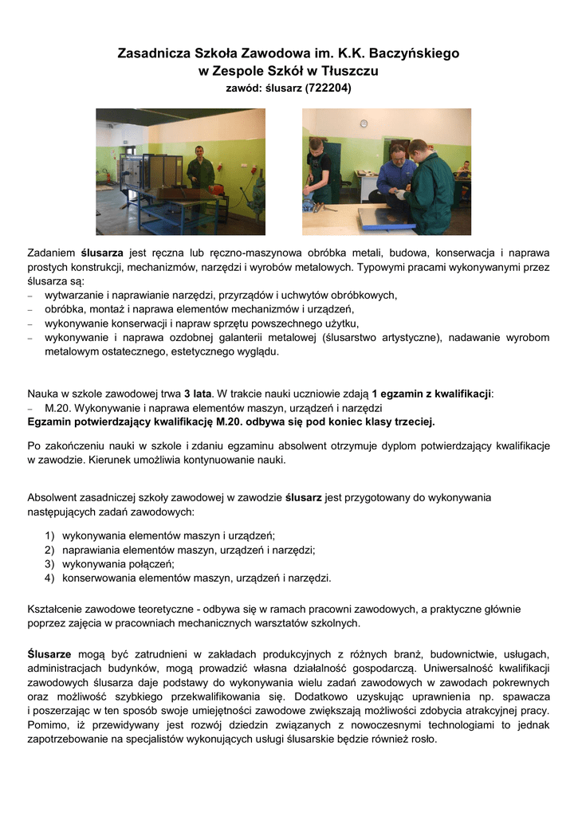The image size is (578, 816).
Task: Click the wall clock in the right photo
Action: [x=363, y=124]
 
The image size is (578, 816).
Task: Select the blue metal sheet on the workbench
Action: [x=385, y=218]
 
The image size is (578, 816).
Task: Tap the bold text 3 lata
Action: [x=198, y=393]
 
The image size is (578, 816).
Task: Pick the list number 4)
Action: [x=49, y=578]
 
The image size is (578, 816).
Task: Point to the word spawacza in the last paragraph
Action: [x=526, y=696]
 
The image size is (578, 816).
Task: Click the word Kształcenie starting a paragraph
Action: [x=57, y=609]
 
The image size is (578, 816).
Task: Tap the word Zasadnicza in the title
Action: [x=153, y=54]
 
